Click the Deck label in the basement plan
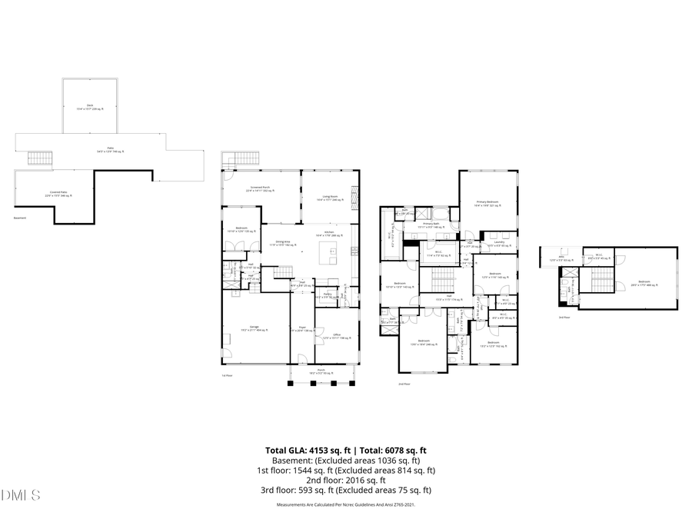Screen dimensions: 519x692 (89, 107)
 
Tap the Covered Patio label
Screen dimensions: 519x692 (55, 195)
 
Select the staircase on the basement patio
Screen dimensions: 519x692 (40, 158)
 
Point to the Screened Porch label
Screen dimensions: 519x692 (260, 188)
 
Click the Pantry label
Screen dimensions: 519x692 (327, 294)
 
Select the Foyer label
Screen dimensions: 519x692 (301, 328)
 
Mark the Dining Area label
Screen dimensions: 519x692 (283, 242)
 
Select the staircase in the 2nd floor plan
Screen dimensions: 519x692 (441, 280)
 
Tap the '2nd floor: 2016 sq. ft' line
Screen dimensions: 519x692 (345, 480)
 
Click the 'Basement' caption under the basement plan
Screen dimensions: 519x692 (20, 218)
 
